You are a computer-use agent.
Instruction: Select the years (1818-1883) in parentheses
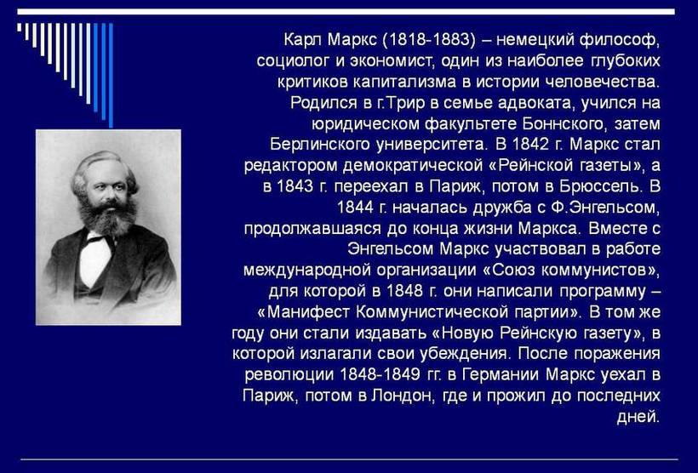pyautogui.click(x=429, y=41)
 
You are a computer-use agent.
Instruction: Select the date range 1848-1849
pyautogui.click(x=380, y=374)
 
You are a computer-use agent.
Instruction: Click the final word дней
pyautogui.click(x=638, y=417)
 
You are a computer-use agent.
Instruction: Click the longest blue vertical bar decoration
pyautogui.click(x=111, y=75)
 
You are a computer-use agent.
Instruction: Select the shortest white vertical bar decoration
pyautogui.click(x=19, y=27)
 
